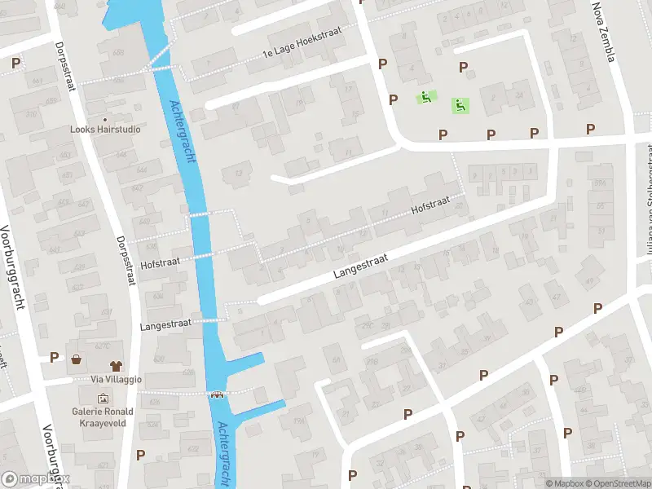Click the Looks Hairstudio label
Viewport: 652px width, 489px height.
click(x=105, y=130)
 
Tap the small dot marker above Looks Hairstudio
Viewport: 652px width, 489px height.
click(x=105, y=119)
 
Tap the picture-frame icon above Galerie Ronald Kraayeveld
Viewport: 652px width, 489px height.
click(x=104, y=399)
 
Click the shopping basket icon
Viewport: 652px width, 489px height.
click(x=77, y=359)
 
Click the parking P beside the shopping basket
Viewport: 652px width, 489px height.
click(x=54, y=357)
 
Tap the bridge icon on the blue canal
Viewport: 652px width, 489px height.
click(x=218, y=395)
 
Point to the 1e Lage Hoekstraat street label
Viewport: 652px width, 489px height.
click(x=301, y=42)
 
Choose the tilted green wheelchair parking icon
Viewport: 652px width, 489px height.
click(x=425, y=98)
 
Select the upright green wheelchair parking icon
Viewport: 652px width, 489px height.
click(x=460, y=104)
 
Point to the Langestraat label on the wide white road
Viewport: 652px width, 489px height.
click(x=359, y=267)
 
